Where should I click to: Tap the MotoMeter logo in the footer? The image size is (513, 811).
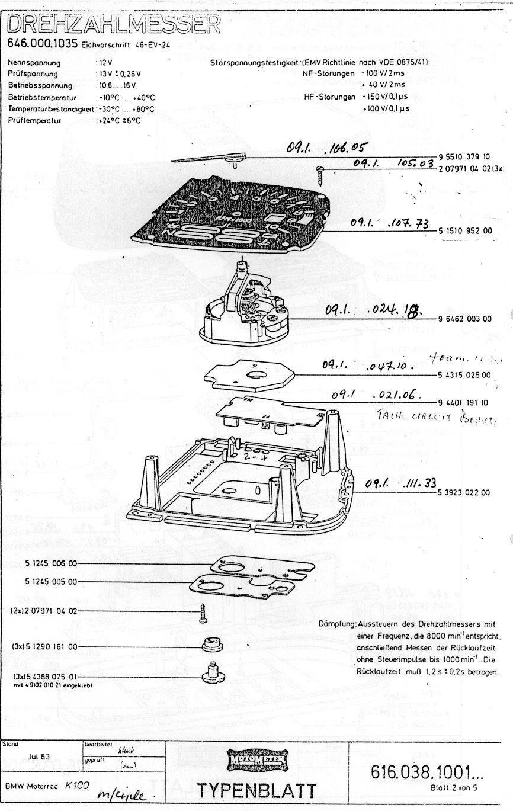click(x=257, y=758)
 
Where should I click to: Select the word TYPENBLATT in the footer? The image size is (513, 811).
click(x=257, y=789)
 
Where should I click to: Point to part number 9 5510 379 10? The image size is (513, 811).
click(x=465, y=157)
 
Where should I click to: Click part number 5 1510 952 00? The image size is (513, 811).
click(x=465, y=231)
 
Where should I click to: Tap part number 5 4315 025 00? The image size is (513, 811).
click(x=465, y=374)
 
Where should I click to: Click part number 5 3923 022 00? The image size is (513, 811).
click(x=465, y=492)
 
